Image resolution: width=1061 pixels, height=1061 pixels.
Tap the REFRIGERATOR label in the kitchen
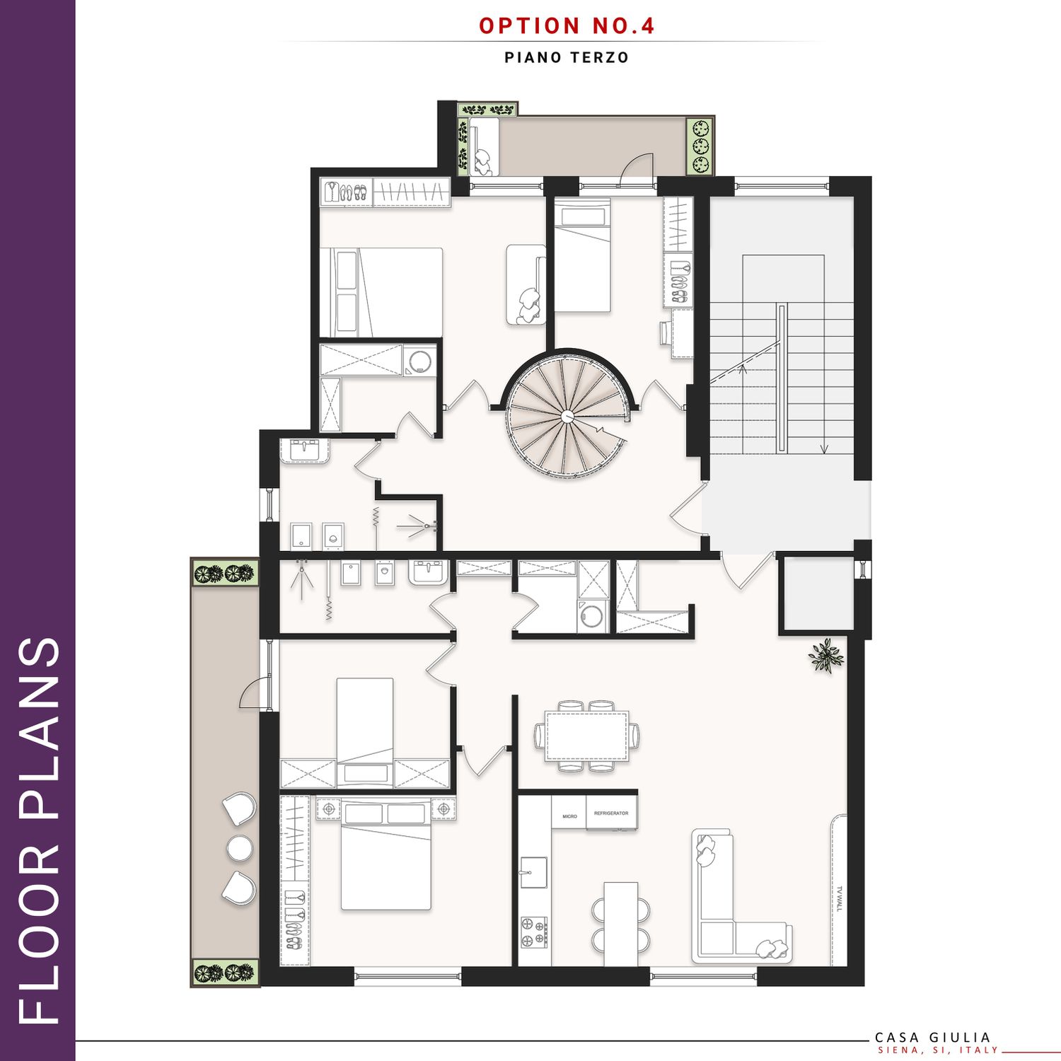click(611, 813)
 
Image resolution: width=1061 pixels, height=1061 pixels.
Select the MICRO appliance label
click(569, 816)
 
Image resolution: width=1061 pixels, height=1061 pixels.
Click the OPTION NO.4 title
click(567, 25)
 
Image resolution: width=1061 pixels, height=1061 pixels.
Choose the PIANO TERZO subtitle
click(567, 58)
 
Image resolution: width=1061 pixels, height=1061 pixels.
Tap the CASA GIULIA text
click(933, 1038)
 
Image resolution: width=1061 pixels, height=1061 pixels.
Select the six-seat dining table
click(586, 736)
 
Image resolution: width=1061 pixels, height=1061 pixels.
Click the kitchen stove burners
click(534, 932)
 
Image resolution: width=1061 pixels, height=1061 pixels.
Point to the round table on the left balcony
click(239, 847)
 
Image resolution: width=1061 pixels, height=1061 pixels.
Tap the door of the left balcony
click(255, 692)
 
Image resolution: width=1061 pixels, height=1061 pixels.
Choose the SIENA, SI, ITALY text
click(938, 1050)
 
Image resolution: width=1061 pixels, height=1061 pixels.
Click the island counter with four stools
click(621, 923)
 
